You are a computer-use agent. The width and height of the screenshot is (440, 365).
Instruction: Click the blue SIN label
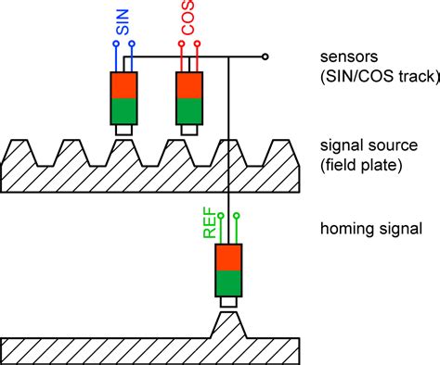coord(123,22)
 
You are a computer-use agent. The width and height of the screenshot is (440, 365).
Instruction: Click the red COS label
coord(188,22)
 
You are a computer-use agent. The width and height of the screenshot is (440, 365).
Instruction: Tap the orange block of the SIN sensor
coord(123,84)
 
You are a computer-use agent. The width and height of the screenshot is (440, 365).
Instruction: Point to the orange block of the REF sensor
coord(228,258)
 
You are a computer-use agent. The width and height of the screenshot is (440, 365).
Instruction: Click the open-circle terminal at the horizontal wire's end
coord(266,57)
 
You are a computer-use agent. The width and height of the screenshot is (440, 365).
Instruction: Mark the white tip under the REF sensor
coord(228,302)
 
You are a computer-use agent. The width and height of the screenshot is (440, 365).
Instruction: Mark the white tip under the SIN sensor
coord(123,130)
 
